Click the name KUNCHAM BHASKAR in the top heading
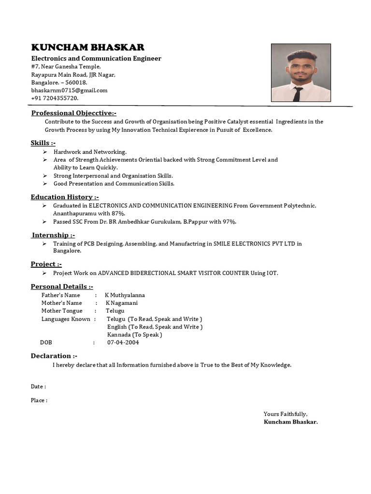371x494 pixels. click(87, 47)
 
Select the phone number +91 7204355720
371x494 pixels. click(55, 98)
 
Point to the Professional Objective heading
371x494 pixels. click(74, 113)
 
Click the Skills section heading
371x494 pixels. click(43, 143)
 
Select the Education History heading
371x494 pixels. click(65, 197)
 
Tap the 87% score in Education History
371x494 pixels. click(117, 213)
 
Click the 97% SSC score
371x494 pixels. click(229, 221)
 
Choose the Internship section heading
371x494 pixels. click(54, 235)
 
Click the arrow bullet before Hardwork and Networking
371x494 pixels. click(44, 152)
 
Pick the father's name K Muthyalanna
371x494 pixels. click(125, 295)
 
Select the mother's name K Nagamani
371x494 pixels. click(122, 303)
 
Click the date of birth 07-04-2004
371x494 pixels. click(123, 343)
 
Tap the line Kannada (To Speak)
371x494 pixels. click(134, 335)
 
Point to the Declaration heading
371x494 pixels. click(54, 356)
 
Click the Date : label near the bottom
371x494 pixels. click(39, 386)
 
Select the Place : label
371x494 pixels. click(39, 400)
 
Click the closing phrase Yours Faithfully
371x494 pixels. click(285, 414)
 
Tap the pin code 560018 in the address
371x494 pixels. click(76, 82)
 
